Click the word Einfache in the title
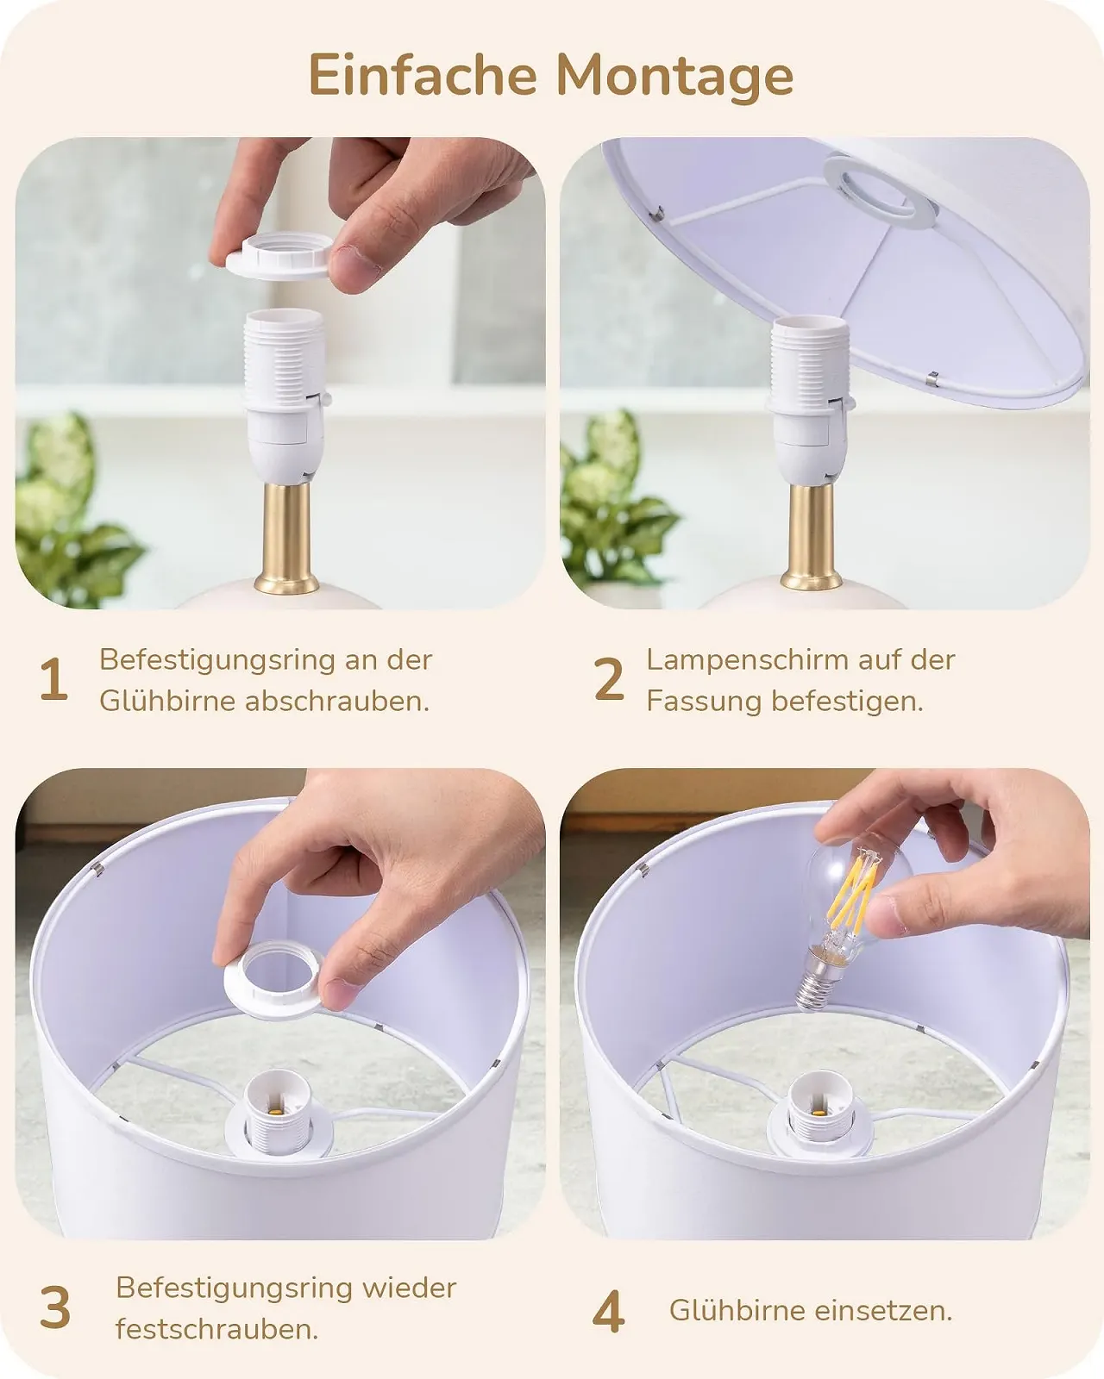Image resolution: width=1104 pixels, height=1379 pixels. coord(423,75)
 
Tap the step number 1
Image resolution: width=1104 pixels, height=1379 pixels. coord(53,679)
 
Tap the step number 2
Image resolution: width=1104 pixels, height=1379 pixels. coord(609,679)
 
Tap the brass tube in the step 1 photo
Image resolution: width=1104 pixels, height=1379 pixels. coord(286,537)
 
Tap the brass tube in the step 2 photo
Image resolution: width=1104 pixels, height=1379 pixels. coord(811,537)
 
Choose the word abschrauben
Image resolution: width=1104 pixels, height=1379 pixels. coord(337,701)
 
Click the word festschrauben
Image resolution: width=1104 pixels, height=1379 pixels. coord(216,1330)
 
